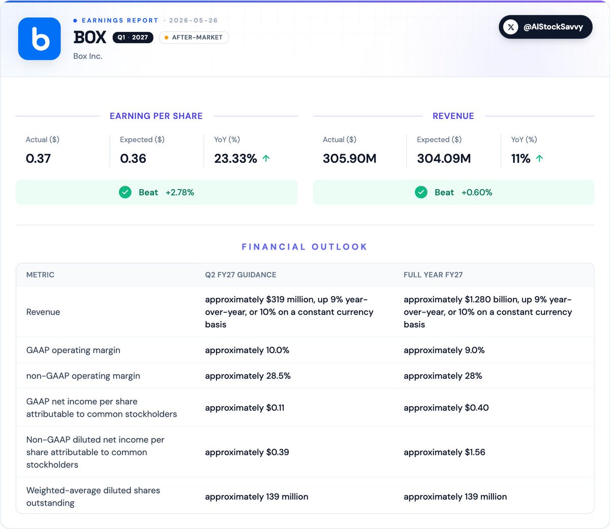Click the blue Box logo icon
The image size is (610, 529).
click(39, 39)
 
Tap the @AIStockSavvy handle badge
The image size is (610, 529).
click(545, 27)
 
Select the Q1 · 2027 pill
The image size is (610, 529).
click(133, 38)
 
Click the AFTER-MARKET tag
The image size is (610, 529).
click(194, 38)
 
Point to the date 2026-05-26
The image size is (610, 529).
click(194, 20)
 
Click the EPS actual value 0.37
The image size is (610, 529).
click(38, 159)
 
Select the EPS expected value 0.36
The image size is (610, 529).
click(133, 159)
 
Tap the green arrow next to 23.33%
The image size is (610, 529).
click(266, 158)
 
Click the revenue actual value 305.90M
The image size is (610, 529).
click(349, 159)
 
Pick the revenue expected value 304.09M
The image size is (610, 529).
click(444, 159)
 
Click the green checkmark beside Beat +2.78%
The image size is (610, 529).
click(125, 192)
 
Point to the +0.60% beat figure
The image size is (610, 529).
click(477, 193)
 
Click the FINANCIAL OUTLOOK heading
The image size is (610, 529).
click(304, 247)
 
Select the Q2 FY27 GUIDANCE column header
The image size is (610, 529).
click(240, 275)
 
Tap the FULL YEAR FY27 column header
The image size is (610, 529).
click(433, 275)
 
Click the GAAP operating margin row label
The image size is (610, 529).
click(73, 350)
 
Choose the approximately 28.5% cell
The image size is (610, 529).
click(248, 376)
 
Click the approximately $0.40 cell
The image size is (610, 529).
click(446, 408)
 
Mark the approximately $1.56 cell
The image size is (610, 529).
click(444, 452)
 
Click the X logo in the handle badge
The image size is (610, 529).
click(511, 27)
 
